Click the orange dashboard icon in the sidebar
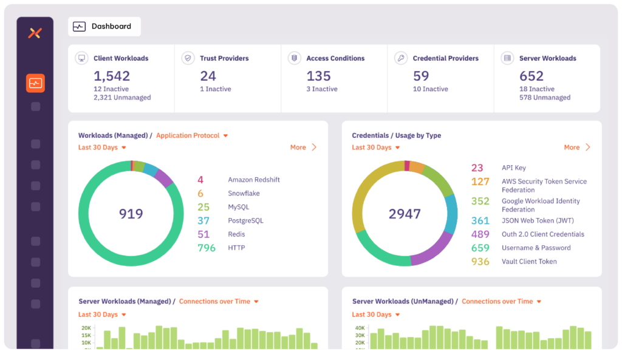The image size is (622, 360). [35, 83]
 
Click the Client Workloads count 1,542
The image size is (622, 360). [112, 76]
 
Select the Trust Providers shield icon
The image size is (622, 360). [188, 58]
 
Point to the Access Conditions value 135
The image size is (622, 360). [318, 76]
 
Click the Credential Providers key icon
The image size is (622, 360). [401, 58]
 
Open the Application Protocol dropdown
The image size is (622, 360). [192, 136]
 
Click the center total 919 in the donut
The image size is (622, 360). [131, 214]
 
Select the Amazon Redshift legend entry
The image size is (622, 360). [253, 180]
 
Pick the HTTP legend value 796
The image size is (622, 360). [207, 248]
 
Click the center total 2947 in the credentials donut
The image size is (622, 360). [404, 214]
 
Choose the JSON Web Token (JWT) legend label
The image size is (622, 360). [537, 221]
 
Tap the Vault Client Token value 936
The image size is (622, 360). [480, 262]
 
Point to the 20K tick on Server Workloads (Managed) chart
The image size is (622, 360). [86, 328]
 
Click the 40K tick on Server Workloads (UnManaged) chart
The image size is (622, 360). [360, 328]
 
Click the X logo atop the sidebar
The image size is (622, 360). [35, 33]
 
